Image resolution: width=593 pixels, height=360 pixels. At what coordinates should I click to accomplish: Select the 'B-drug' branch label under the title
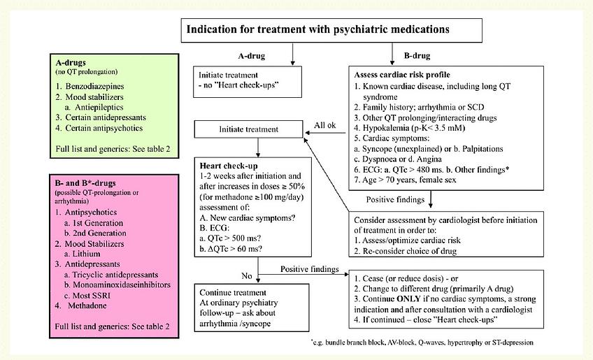point(418,55)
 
